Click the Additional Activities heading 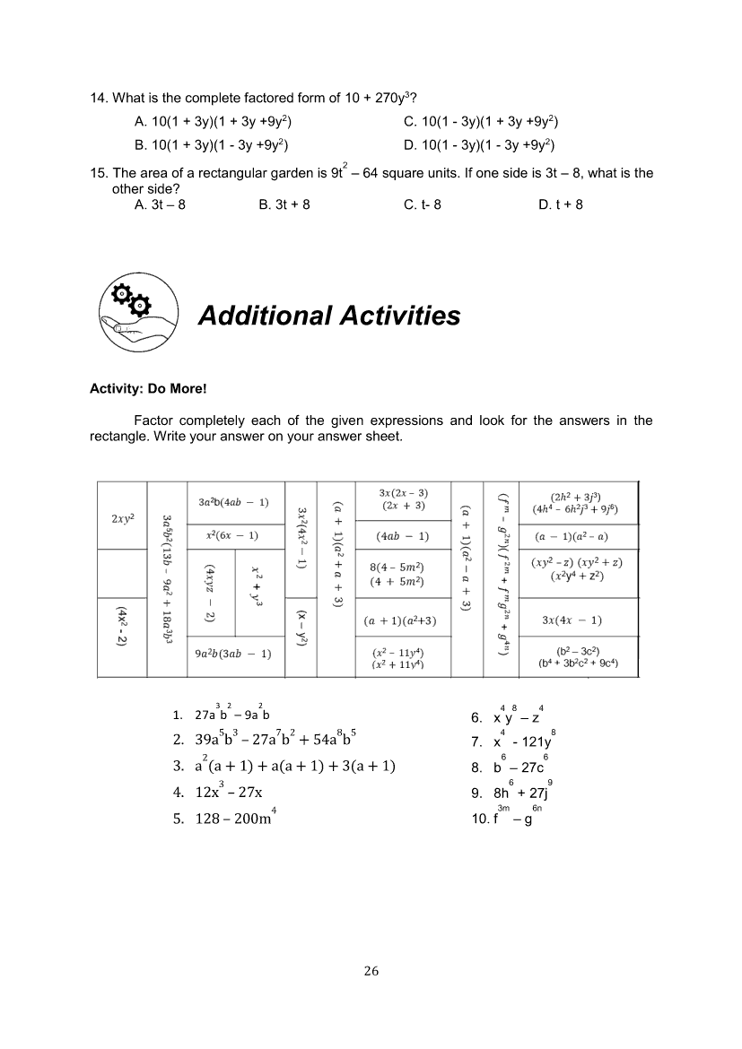point(328,316)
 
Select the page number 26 point(371,970)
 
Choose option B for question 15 point(284,204)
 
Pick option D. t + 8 point(561,204)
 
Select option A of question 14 point(213,121)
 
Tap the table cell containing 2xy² point(123,519)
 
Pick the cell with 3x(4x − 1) point(572,620)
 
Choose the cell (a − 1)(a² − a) point(572,537)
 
